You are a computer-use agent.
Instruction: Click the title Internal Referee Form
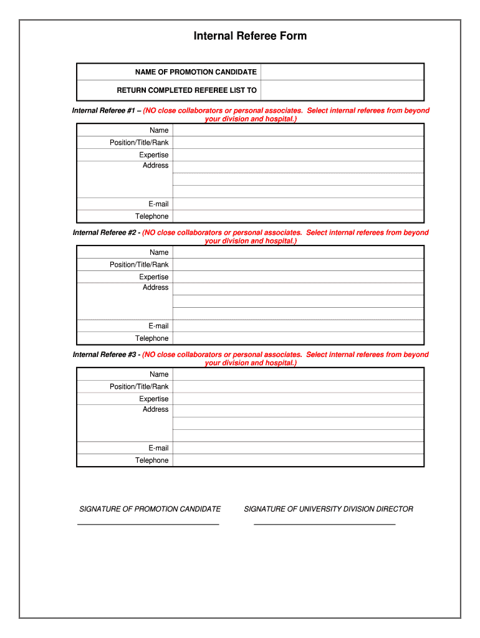[x=250, y=36]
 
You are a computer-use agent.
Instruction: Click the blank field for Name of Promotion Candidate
[x=342, y=72]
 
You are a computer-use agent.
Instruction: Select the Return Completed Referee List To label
[x=187, y=90]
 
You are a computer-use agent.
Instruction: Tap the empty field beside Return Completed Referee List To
[x=342, y=90]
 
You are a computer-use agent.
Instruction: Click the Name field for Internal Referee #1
[x=298, y=130]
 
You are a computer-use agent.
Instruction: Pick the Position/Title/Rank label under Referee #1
[x=139, y=143]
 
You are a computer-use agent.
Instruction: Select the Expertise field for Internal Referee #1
[x=298, y=155]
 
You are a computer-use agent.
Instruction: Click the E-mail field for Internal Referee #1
[x=298, y=204]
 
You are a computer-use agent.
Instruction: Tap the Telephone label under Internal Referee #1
[x=152, y=217]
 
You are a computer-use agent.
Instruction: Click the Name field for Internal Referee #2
[x=298, y=252]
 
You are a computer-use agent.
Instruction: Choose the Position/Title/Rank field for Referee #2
[x=298, y=265]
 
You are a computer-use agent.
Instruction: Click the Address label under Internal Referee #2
[x=156, y=288]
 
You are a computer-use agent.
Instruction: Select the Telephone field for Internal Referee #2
[x=298, y=338]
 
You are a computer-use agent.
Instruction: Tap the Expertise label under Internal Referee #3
[x=154, y=399]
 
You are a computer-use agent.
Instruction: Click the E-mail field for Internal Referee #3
[x=298, y=448]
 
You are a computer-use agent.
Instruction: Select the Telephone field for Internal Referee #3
[x=298, y=460]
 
